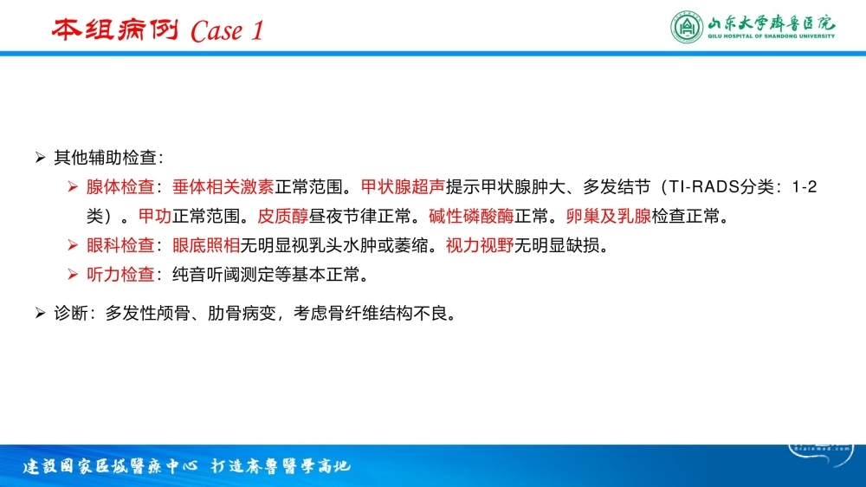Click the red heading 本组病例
(x=115, y=29)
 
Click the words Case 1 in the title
(x=227, y=31)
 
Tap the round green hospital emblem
(x=687, y=27)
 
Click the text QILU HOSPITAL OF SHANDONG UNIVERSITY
(x=772, y=36)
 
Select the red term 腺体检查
(x=120, y=187)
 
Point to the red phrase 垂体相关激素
(x=223, y=187)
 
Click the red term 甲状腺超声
(x=403, y=187)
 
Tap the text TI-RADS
(x=704, y=187)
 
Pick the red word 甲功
(x=155, y=216)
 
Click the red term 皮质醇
(x=283, y=216)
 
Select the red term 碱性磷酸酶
(x=471, y=216)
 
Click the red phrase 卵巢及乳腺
(x=609, y=216)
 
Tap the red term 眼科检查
(x=120, y=245)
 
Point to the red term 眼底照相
(x=206, y=245)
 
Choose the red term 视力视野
(x=480, y=245)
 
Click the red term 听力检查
(x=120, y=274)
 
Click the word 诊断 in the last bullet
(x=71, y=314)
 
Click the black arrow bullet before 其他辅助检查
(x=40, y=158)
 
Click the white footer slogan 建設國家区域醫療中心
(x=110, y=466)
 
